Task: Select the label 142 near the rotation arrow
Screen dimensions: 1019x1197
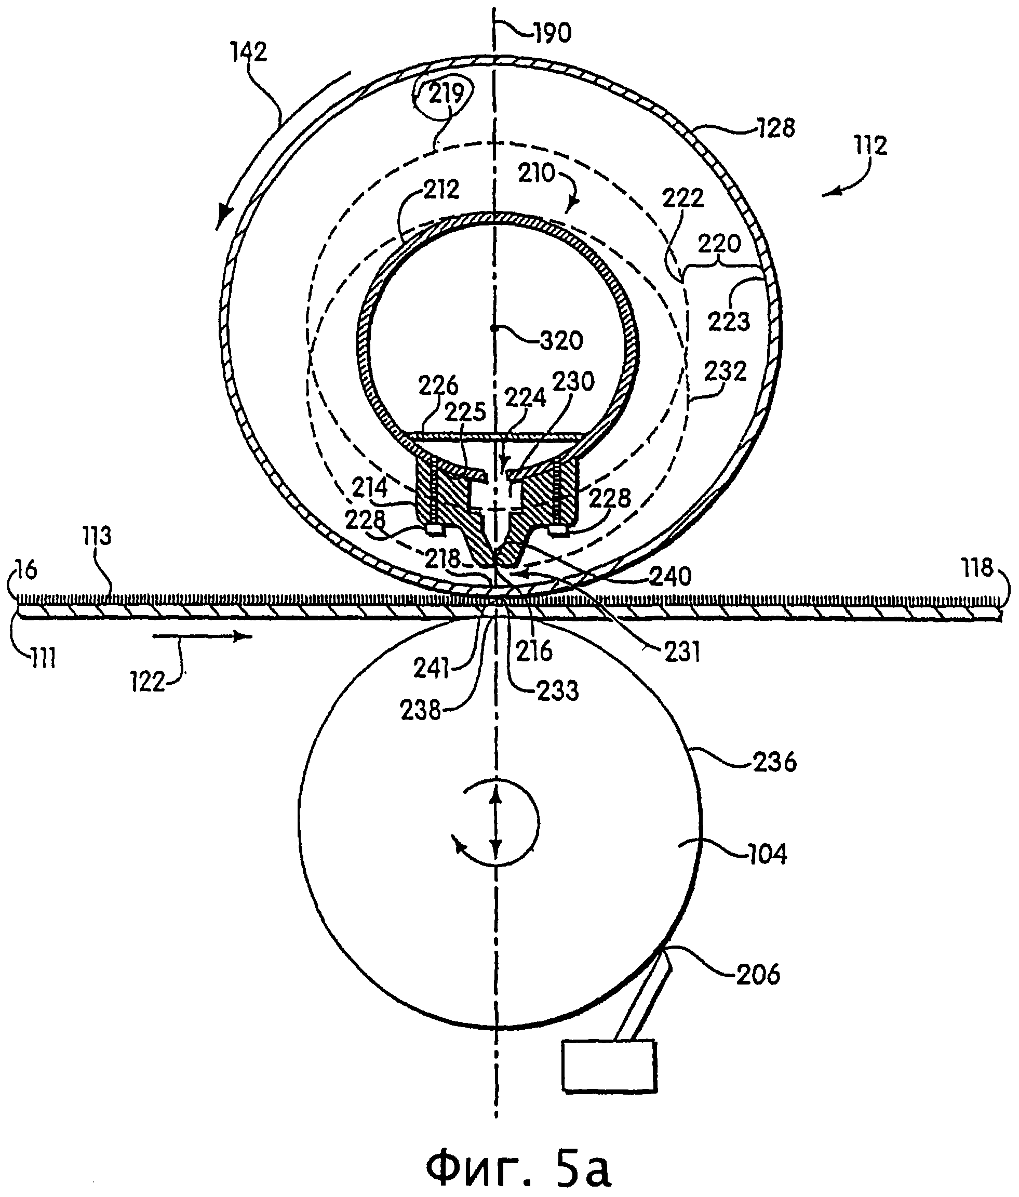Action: (249, 53)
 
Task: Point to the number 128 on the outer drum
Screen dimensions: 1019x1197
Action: (776, 128)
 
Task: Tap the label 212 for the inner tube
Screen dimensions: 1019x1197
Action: (441, 190)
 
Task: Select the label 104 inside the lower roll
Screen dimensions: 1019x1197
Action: (767, 854)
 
